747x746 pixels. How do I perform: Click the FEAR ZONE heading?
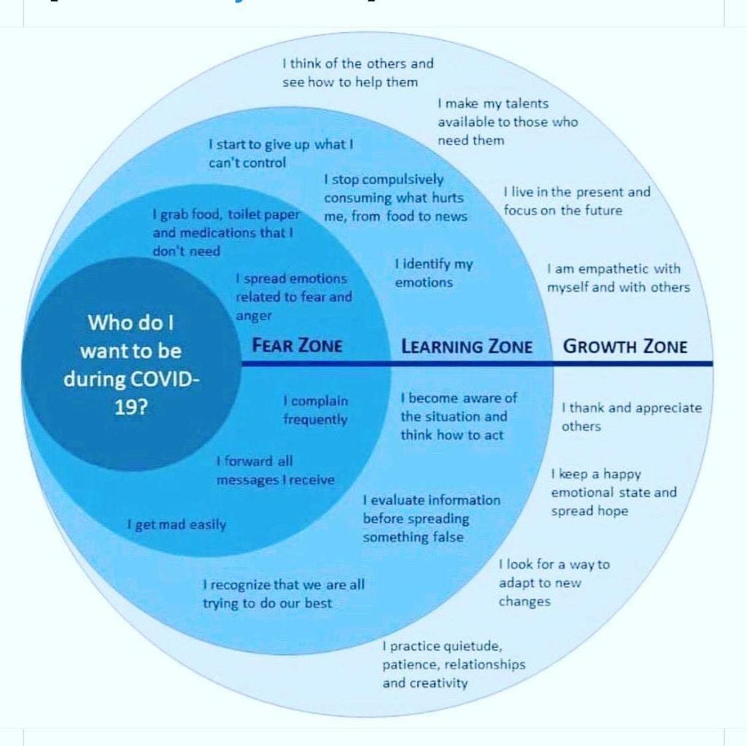pyautogui.click(x=297, y=345)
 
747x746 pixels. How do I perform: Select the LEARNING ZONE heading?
pyautogui.click(x=467, y=346)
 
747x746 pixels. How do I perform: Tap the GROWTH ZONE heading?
pyautogui.click(x=625, y=346)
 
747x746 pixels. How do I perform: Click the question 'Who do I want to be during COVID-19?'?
pyautogui.click(x=131, y=364)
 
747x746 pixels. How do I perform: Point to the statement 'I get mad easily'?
pyautogui.click(x=177, y=524)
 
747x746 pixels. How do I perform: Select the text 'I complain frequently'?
pyautogui.click(x=316, y=410)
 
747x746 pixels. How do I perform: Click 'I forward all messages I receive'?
pyautogui.click(x=275, y=470)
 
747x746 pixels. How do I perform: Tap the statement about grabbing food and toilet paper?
pyautogui.click(x=226, y=233)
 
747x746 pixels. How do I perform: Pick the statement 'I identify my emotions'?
pyautogui.click(x=433, y=273)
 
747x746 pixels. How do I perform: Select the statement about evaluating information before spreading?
pyautogui.click(x=432, y=518)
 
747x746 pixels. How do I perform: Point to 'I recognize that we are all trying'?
pyautogui.click(x=283, y=594)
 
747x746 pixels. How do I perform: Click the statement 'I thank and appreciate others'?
pyautogui.click(x=631, y=417)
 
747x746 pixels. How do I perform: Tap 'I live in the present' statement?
pyautogui.click(x=576, y=201)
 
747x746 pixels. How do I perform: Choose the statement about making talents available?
pyautogui.click(x=508, y=122)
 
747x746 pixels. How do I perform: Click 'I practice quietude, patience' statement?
pyautogui.click(x=453, y=664)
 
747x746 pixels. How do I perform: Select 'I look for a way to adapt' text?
pyautogui.click(x=554, y=583)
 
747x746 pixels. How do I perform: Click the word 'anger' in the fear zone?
pyautogui.click(x=254, y=316)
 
